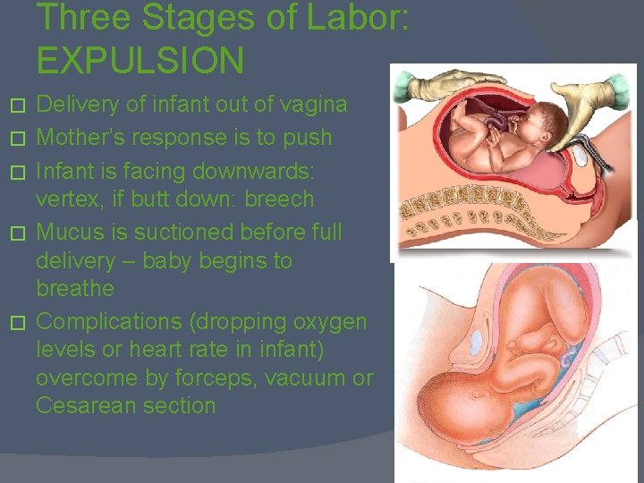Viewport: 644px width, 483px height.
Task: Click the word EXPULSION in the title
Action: [x=140, y=60]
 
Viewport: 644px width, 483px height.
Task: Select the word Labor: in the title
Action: [x=351, y=18]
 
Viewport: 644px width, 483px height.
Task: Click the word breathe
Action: [x=75, y=288]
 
